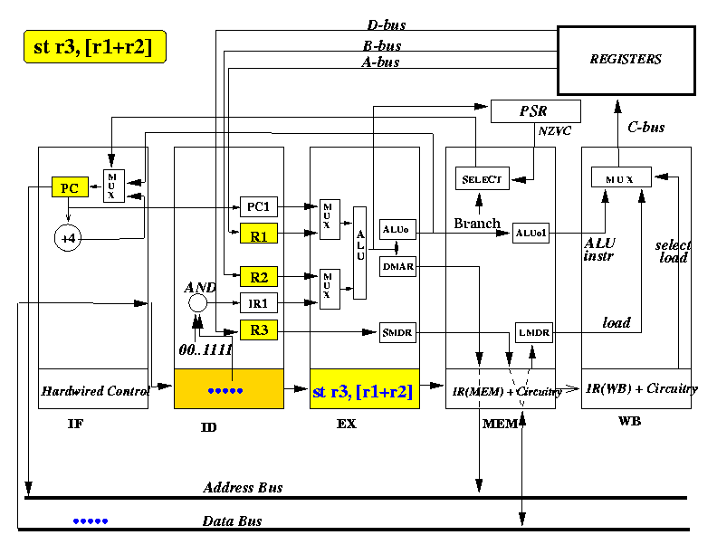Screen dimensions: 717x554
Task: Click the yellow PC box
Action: tap(70, 187)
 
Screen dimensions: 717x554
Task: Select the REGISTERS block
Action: tap(626, 61)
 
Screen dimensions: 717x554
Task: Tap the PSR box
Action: tap(535, 111)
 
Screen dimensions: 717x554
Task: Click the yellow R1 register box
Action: tap(259, 234)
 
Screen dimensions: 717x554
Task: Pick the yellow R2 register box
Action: tap(259, 276)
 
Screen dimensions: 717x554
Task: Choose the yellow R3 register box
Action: tap(259, 330)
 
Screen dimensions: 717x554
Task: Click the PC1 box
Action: tap(259, 206)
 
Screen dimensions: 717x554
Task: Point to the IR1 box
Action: tap(259, 302)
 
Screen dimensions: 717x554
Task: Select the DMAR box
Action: tap(397, 266)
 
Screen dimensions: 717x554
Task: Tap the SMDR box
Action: tap(397, 332)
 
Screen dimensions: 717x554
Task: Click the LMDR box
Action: tap(533, 332)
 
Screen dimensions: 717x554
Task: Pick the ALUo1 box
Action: tap(531, 234)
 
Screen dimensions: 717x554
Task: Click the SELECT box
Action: tap(483, 178)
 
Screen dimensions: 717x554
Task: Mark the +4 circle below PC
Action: tap(68, 238)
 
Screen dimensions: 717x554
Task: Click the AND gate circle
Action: tap(197, 302)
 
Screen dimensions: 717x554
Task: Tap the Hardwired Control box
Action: tap(93, 388)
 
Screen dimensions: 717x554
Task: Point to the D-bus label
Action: tap(387, 24)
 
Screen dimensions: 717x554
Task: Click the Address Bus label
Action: tap(243, 487)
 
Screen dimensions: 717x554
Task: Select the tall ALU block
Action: tap(360, 253)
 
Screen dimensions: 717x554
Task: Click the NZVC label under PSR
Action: tap(555, 131)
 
